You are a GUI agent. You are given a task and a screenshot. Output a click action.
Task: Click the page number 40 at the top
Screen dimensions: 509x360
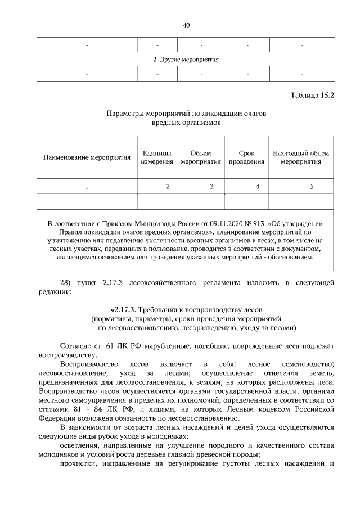pos(186,25)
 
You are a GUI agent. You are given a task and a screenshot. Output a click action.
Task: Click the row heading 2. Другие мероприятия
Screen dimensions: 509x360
pos(186,59)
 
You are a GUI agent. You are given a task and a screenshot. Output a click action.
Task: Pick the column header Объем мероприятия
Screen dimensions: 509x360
pos(201,157)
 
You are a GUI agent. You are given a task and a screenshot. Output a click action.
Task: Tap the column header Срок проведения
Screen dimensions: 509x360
pos(246,157)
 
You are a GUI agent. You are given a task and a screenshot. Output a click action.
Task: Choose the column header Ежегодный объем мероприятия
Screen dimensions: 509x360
pos(301,157)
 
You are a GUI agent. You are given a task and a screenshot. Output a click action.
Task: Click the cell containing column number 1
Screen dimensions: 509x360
pos(87,186)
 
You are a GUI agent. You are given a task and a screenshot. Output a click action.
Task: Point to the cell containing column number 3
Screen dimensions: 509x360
pos(211,186)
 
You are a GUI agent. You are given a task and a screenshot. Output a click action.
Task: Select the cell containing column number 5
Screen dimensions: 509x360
pos(312,186)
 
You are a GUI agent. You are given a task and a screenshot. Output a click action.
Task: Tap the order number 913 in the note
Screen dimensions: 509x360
pos(245,222)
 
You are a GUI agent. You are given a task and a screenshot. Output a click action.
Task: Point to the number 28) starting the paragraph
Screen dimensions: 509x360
pos(67,282)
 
